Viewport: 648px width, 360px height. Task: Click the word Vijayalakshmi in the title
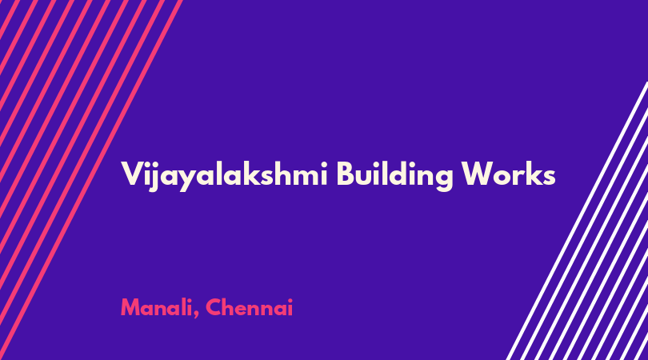(x=225, y=176)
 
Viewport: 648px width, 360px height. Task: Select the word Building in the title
(x=394, y=176)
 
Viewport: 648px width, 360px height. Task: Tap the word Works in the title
(x=508, y=174)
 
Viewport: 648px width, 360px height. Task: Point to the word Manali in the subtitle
(x=156, y=307)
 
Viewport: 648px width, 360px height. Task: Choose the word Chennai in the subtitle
(x=249, y=307)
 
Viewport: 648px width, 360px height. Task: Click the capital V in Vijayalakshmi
(x=131, y=174)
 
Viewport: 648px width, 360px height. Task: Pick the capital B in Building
(x=346, y=174)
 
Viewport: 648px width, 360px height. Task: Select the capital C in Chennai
(x=214, y=307)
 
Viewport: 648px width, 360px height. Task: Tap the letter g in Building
(x=442, y=179)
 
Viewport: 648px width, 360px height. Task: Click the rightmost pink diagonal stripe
(x=91, y=180)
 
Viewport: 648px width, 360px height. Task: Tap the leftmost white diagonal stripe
(x=578, y=221)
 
